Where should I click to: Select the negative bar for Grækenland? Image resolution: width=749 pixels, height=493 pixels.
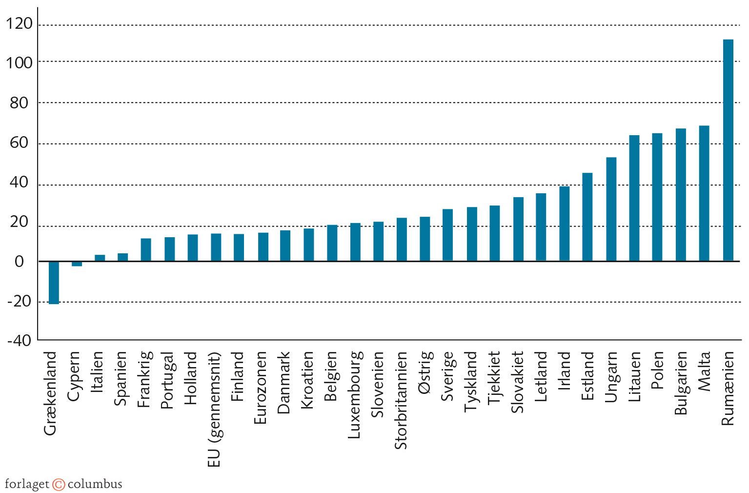(54, 283)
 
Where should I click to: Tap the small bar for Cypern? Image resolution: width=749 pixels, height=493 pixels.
(77, 264)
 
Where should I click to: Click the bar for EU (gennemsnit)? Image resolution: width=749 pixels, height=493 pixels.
(216, 247)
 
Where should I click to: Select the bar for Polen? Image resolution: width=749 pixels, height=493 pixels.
(657, 197)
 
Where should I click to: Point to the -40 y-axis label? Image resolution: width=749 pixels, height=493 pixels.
(19, 341)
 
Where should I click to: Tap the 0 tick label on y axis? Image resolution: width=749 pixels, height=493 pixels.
(19, 262)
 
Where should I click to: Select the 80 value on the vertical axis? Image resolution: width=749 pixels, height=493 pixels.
(19, 103)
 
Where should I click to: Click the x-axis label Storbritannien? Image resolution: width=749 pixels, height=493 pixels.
(401, 400)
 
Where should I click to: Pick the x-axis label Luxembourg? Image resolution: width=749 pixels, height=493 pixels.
(354, 394)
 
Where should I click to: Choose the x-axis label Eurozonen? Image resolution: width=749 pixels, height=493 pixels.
(261, 388)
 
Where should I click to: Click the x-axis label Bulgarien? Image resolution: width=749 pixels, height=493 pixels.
(681, 383)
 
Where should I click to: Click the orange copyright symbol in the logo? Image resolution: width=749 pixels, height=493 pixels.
(59, 484)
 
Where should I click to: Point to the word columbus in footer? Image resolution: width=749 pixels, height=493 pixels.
(95, 484)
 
